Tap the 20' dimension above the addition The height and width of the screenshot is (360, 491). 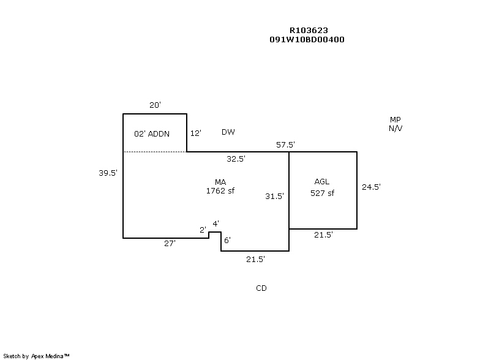click(x=156, y=105)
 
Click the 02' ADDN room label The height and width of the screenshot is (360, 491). click(x=151, y=133)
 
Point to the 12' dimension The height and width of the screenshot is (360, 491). click(x=196, y=133)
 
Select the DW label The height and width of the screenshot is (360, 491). click(x=228, y=132)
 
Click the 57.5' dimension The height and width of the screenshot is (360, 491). click(x=286, y=145)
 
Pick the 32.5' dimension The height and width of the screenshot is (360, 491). click(x=236, y=159)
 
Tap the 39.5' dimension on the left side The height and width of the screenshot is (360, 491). click(x=108, y=173)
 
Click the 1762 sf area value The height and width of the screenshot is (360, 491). click(x=220, y=190)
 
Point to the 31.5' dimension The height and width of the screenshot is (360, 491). click(x=274, y=196)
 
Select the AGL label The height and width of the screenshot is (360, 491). click(x=322, y=182)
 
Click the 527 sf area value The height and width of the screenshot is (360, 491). click(x=323, y=193)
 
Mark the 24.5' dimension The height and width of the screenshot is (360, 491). click(x=372, y=187)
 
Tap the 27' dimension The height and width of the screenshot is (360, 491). click(x=169, y=243)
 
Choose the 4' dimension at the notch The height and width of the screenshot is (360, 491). click(x=216, y=224)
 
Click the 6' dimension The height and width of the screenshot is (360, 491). click(x=227, y=240)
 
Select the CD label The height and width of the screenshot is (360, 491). click(x=261, y=288)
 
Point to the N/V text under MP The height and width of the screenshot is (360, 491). click(x=395, y=129)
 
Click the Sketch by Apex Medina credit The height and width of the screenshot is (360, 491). click(x=37, y=356)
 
